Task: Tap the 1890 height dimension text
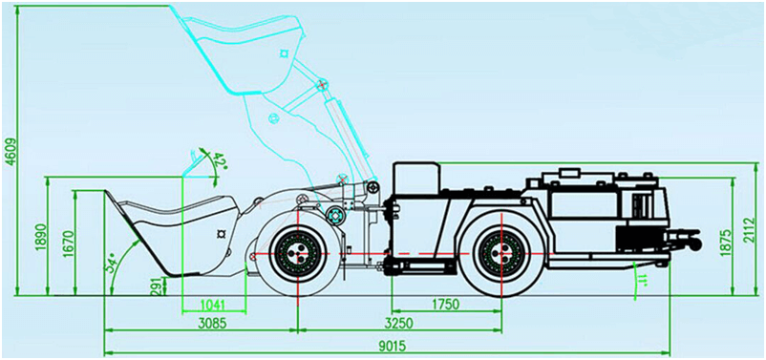point(40,238)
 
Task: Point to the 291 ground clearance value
point(157,286)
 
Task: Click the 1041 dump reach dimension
point(213,305)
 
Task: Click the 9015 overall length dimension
point(392,346)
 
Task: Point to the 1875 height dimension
point(725,241)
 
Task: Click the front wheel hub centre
point(297,253)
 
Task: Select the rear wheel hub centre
point(501,253)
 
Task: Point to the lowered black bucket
point(171,229)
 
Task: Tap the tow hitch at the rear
point(684,239)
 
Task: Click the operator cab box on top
point(416,178)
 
